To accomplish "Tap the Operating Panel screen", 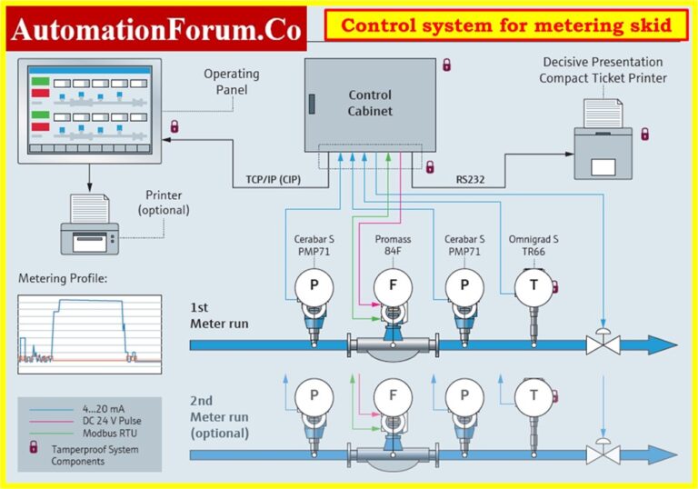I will (88, 107).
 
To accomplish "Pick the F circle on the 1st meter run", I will (393, 285).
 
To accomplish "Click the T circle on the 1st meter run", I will (534, 285).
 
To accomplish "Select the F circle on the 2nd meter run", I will (393, 396).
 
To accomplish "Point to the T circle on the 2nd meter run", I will (534, 396).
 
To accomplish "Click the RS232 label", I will (473, 180).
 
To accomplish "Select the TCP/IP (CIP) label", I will (277, 180).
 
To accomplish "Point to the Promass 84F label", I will (393, 245).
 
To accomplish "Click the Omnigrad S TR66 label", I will (534, 245).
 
